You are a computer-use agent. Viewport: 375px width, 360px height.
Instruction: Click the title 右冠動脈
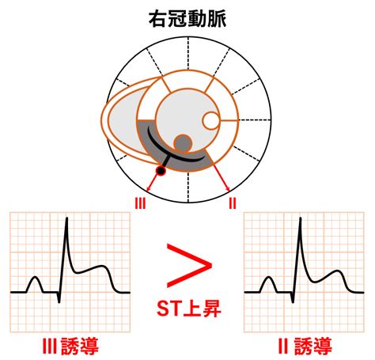[187, 20]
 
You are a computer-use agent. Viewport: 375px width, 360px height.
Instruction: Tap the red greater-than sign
[189, 265]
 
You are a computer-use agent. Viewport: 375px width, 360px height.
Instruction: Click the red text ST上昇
[189, 309]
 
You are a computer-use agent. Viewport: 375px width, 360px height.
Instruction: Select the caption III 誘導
[70, 346]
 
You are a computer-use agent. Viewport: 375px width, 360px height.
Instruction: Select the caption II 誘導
[305, 346]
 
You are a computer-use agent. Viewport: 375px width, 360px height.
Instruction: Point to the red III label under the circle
[140, 203]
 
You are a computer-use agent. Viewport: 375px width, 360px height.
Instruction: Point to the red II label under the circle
[233, 203]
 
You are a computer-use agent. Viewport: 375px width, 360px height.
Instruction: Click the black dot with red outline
[161, 171]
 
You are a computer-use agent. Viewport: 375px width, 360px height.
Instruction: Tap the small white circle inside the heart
[211, 120]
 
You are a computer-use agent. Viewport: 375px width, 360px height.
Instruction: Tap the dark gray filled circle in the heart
[183, 143]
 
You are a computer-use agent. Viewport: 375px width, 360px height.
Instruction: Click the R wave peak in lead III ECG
[67, 218]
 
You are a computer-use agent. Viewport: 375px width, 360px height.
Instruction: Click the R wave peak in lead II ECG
[300, 218]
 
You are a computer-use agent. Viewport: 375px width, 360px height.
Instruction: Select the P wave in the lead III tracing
[35, 284]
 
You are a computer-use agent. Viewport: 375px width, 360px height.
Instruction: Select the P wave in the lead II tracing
[269, 284]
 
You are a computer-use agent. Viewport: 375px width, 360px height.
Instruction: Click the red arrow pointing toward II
[221, 176]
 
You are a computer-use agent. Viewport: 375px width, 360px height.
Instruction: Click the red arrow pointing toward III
[153, 182]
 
